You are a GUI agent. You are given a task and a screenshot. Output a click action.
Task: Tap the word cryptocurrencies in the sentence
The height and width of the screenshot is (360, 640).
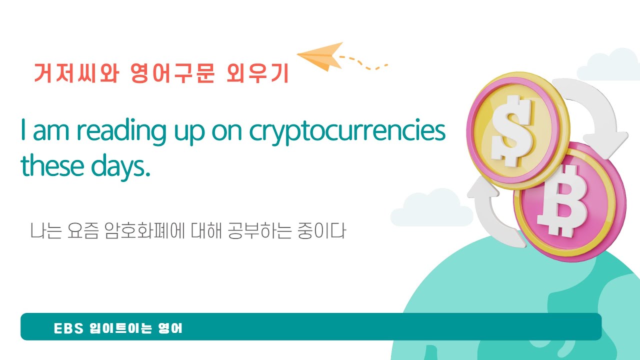(347, 131)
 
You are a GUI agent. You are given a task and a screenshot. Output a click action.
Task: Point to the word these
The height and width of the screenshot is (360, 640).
(52, 167)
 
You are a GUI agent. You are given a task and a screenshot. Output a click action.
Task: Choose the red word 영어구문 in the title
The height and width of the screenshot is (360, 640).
(172, 73)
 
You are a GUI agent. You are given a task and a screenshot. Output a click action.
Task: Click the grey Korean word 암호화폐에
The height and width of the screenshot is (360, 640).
(145, 231)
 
